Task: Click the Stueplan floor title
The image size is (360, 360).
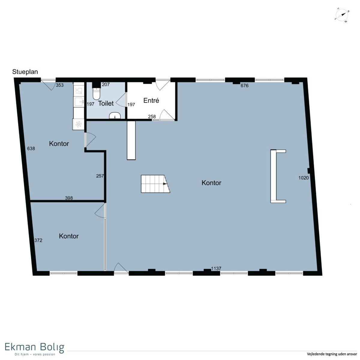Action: point(25,72)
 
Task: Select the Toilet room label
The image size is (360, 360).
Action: point(106,103)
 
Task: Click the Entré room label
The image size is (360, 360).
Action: point(151,100)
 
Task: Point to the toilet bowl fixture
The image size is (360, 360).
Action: point(96,93)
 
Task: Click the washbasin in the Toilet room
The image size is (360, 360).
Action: point(115,115)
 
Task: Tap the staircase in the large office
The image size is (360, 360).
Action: point(155,184)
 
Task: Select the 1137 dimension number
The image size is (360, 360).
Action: point(216,268)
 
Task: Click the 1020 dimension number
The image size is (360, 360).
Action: point(304,178)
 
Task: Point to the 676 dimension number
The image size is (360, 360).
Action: point(244,85)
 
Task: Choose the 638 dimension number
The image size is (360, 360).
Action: point(31,148)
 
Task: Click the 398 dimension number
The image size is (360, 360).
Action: point(69,198)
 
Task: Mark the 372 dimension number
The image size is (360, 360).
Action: point(38,240)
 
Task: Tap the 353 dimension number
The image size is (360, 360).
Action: point(60,85)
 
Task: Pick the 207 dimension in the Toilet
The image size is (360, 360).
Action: point(106,85)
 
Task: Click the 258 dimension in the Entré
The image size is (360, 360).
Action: point(152,117)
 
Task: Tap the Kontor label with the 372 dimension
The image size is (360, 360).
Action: point(69,236)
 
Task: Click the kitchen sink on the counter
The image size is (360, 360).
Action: point(79,102)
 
